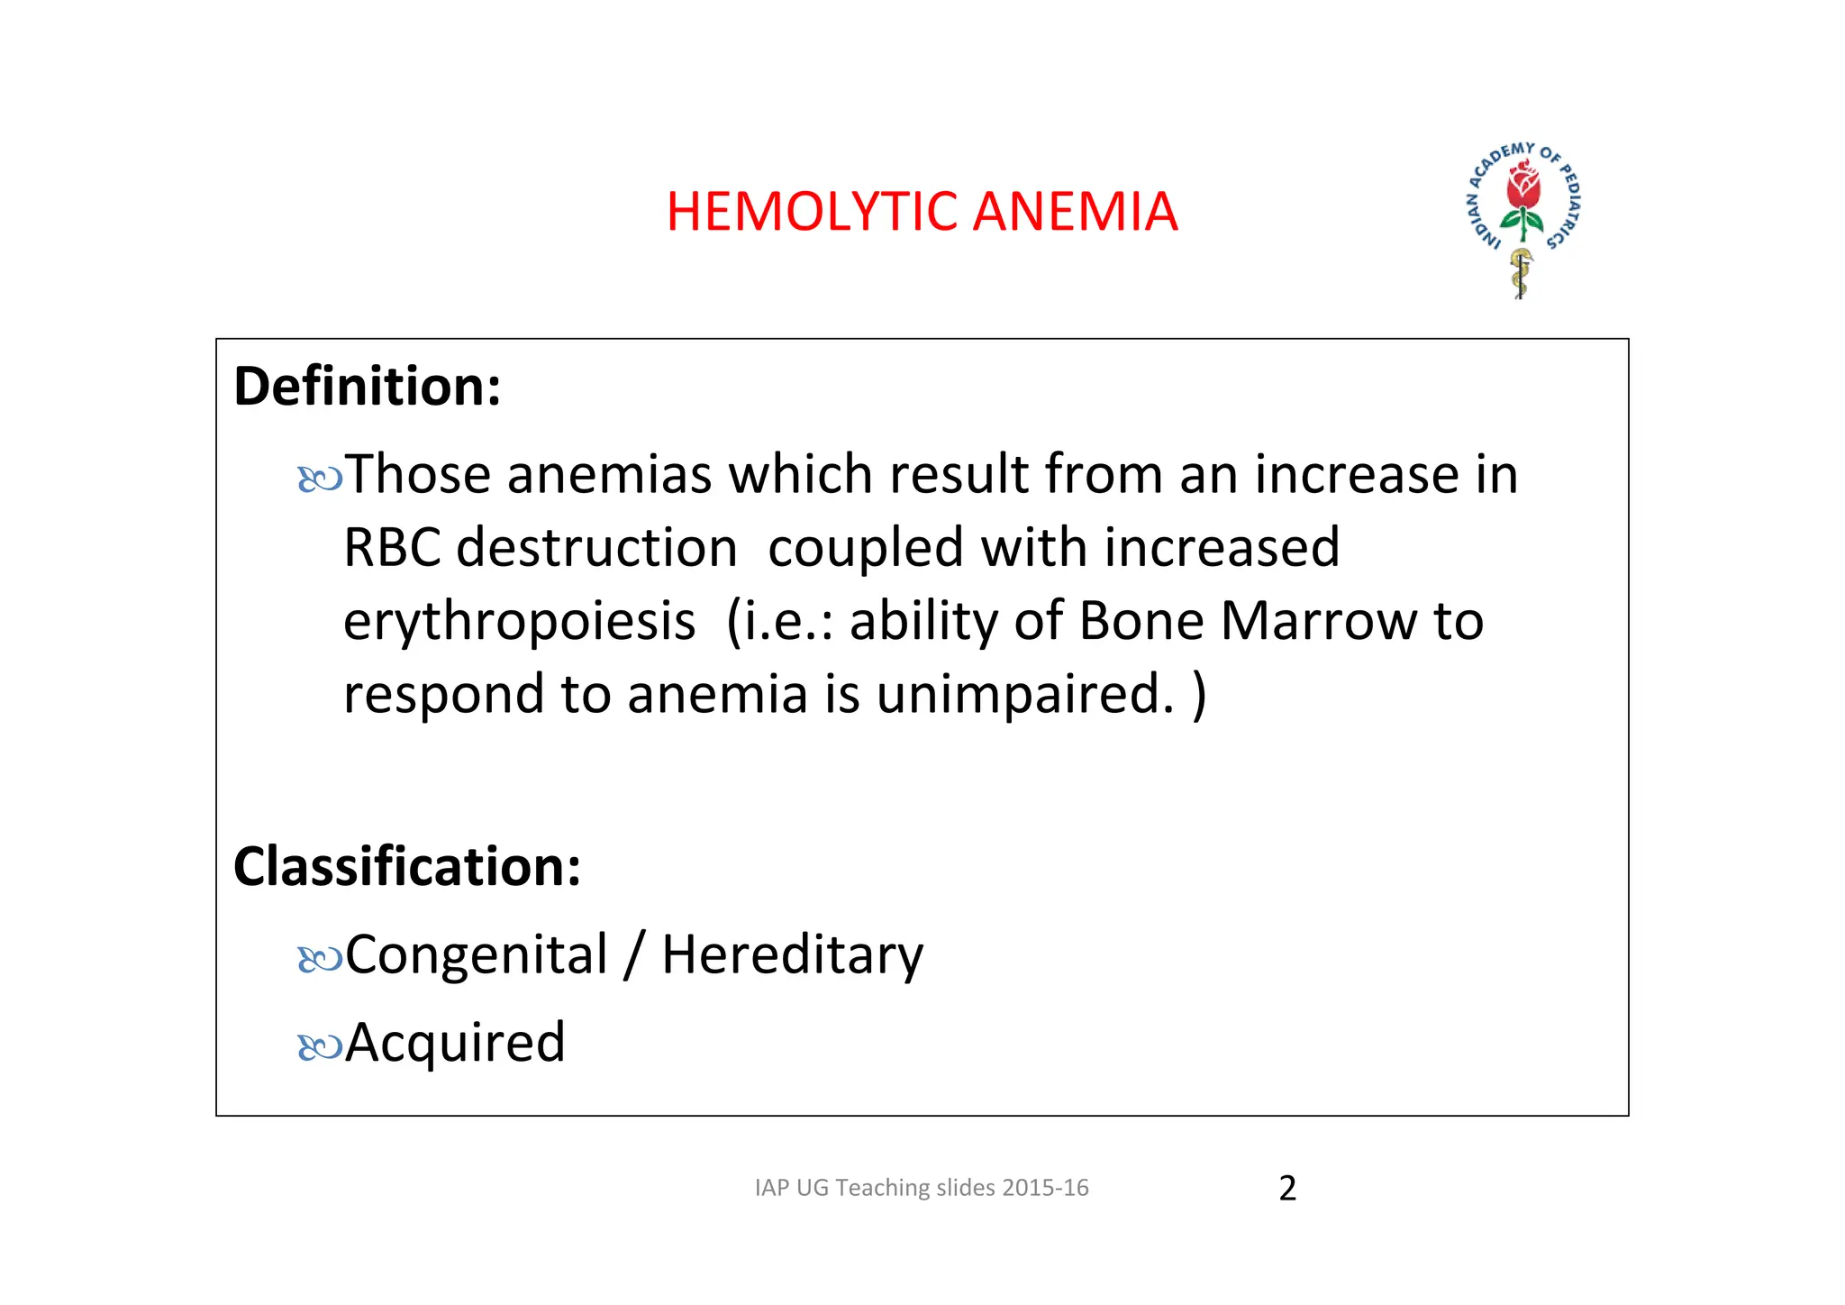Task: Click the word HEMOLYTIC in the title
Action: pos(812,212)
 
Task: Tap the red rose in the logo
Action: pos(1523,186)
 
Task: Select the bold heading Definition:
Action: pos(367,387)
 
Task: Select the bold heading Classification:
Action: pos(407,867)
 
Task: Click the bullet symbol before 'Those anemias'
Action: pos(320,479)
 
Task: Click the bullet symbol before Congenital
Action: pos(320,959)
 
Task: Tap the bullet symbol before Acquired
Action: pos(320,1046)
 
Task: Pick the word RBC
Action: pos(392,548)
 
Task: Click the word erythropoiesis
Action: pos(520,623)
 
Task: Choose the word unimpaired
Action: pos(1025,696)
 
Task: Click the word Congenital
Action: pos(477,955)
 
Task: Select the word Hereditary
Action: pos(792,955)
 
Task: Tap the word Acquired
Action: pos(455,1044)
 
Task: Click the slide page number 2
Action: pos(1287,1189)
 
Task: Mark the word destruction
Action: pos(596,548)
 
